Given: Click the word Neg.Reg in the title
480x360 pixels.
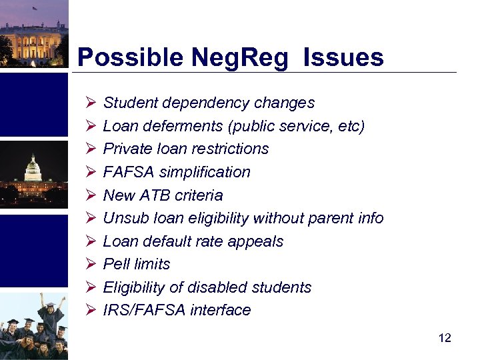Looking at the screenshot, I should (x=240, y=58).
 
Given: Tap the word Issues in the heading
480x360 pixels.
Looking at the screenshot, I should (x=343, y=57).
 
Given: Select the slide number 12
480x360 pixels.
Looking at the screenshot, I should (x=445, y=338).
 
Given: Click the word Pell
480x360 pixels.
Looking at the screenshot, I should (x=116, y=264).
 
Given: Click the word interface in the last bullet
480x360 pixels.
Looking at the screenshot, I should (x=223, y=310).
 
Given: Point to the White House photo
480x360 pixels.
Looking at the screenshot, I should (x=33, y=33).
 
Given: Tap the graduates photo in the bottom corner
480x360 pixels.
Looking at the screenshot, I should (x=33, y=327).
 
